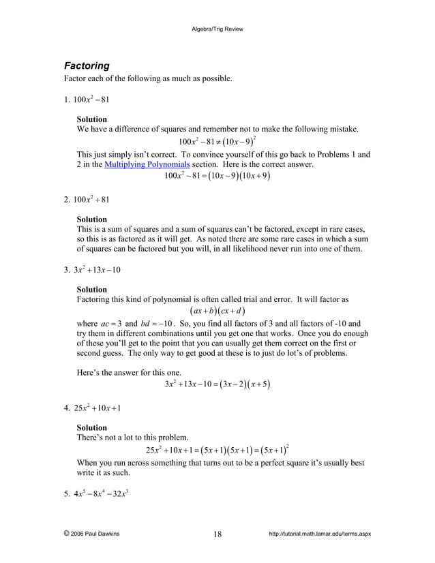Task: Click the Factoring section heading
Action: (x=87, y=66)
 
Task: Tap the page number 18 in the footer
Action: (x=217, y=534)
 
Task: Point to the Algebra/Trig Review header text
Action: (x=217, y=29)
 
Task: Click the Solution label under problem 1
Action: (x=91, y=119)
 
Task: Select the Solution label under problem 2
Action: (x=91, y=219)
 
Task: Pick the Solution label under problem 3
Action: (x=91, y=289)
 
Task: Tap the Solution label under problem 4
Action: (x=91, y=427)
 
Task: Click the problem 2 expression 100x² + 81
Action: (x=91, y=200)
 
